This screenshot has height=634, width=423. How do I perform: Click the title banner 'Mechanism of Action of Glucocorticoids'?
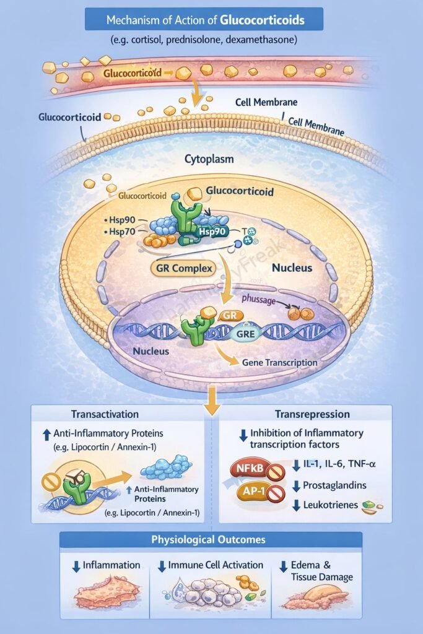(205, 20)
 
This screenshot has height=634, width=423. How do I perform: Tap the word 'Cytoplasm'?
(209, 159)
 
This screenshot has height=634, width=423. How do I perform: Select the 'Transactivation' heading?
(105, 414)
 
